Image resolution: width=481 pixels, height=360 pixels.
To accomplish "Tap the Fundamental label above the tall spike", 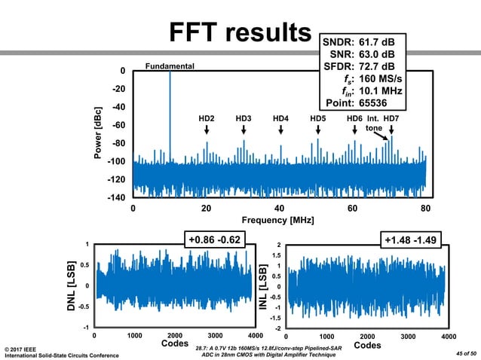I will [170, 66].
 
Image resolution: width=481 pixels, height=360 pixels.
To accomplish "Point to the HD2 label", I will [207, 118].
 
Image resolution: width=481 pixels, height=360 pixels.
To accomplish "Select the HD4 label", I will [280, 118].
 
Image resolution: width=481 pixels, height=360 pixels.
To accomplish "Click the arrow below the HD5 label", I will [317, 130].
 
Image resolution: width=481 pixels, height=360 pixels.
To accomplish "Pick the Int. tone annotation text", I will [375, 124].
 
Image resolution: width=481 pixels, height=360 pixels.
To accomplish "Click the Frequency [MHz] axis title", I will [279, 220].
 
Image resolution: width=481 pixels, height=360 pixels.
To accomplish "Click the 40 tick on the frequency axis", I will [279, 207].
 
